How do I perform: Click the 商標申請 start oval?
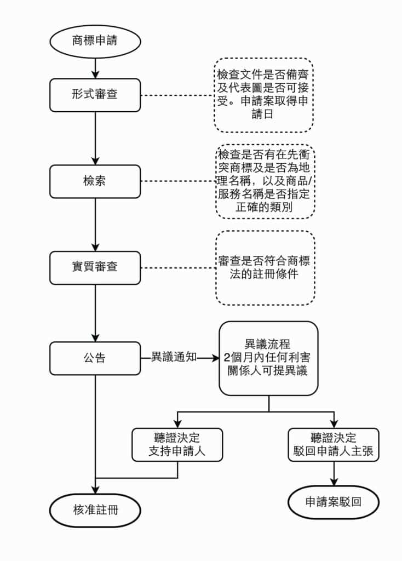(x=95, y=41)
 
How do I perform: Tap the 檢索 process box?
(x=95, y=181)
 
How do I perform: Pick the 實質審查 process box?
(x=95, y=268)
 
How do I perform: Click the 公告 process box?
(x=95, y=358)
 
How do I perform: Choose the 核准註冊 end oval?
(x=95, y=511)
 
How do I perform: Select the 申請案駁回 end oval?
(x=333, y=501)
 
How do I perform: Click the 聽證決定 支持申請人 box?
(x=177, y=444)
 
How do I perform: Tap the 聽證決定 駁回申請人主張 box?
(x=333, y=444)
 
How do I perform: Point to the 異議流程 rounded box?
(x=268, y=358)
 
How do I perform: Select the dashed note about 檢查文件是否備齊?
(x=263, y=95)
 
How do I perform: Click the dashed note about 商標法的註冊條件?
(x=265, y=268)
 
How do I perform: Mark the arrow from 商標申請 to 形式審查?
(x=95, y=68)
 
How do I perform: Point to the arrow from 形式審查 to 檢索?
(x=95, y=138)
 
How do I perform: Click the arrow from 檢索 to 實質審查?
(x=95, y=225)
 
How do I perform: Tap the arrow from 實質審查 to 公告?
(x=95, y=313)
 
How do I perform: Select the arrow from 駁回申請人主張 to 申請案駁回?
(x=333, y=473)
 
